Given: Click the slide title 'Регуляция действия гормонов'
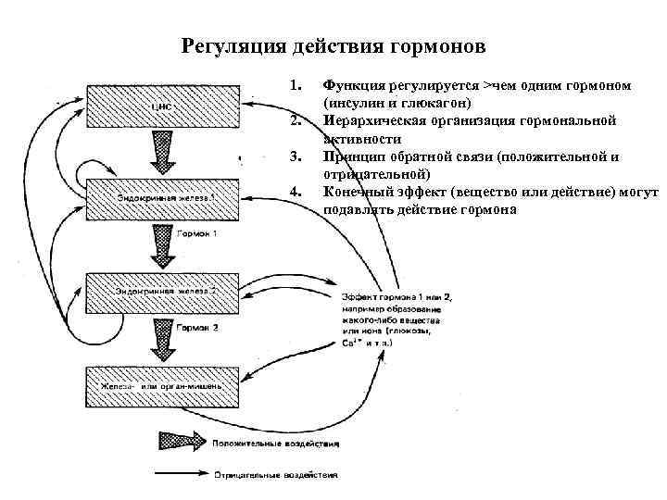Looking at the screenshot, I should coord(333,46).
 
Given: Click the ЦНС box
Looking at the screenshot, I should coord(163,105).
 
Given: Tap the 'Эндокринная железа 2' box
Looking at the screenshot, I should coord(163,292).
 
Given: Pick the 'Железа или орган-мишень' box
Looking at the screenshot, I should coord(163,383).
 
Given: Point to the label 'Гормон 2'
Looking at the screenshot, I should coord(197,328).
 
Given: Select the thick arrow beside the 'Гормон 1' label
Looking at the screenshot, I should coord(162,245).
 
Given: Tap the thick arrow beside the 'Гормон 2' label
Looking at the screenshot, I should coord(162,340).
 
